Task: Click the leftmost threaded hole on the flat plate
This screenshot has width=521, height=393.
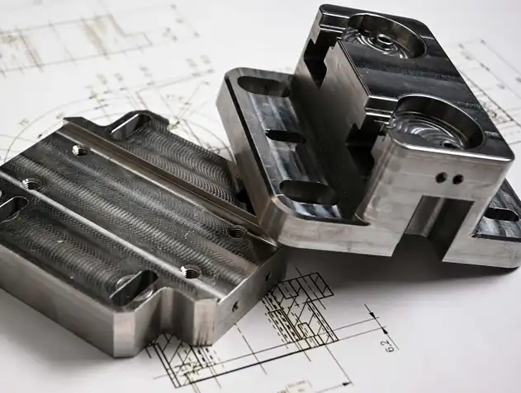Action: click(x=31, y=183)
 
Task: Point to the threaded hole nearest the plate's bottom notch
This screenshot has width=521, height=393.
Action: click(x=191, y=270)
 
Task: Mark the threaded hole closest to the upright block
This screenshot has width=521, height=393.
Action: click(x=236, y=232)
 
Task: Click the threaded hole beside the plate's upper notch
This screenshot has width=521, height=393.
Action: click(x=80, y=150)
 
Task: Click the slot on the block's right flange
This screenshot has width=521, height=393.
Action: click(x=500, y=214)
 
